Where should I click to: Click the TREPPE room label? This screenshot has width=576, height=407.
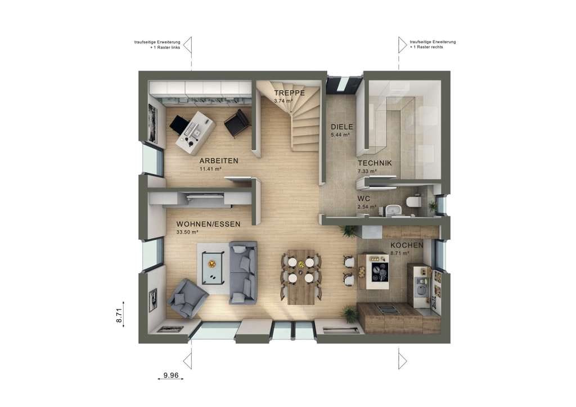pyautogui.click(x=290, y=93)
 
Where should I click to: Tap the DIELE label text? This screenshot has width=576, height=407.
pyautogui.click(x=341, y=127)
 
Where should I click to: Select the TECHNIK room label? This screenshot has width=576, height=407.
pyautogui.click(x=375, y=163)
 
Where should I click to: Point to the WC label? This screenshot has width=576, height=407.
pyautogui.click(x=364, y=199)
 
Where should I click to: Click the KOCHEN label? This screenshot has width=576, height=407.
pyautogui.click(x=407, y=245)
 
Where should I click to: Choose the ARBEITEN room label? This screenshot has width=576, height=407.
pyautogui.click(x=219, y=160)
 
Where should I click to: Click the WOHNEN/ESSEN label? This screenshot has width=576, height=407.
pyautogui.click(x=208, y=224)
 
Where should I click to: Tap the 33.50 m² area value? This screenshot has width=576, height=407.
pyautogui.click(x=187, y=232)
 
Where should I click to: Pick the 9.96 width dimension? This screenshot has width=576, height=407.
pyautogui.click(x=171, y=375)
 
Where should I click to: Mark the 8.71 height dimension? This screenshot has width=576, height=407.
pyautogui.click(x=119, y=315)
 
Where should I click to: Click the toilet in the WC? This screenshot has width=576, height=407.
pyautogui.click(x=413, y=202)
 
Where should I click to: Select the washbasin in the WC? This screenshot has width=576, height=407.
pyautogui.click(x=393, y=210)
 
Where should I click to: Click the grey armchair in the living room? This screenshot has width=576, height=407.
pyautogui.click(x=187, y=298)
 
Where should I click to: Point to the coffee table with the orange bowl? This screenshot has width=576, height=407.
pyautogui.click(x=212, y=267)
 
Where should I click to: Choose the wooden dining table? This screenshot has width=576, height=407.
pyautogui.click(x=301, y=277)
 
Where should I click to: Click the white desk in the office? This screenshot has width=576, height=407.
pyautogui.click(x=195, y=132)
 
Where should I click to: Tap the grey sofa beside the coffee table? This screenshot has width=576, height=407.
pyautogui.click(x=243, y=272)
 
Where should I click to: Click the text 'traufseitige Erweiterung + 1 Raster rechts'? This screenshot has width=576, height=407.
pyautogui.click(x=433, y=44)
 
